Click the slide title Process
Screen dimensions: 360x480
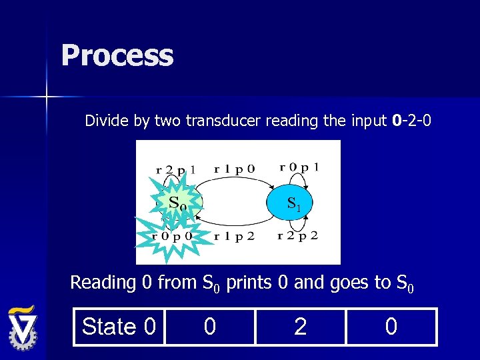tap(117, 55)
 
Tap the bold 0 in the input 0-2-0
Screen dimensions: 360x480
tap(397, 121)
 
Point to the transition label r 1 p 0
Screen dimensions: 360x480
tap(234, 169)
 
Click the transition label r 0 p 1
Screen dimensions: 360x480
tap(299, 167)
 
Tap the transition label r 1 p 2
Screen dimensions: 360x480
tap(234, 235)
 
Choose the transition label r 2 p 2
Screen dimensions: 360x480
tap(297, 235)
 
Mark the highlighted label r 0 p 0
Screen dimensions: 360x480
tap(173, 235)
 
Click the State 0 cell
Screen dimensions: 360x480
tap(119, 327)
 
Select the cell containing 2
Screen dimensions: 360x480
tap(300, 327)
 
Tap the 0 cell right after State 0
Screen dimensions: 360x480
tap(209, 327)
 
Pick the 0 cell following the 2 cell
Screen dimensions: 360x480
tap(391, 327)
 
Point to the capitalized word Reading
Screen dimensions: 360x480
tap(103, 283)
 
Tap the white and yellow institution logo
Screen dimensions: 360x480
tap(23, 329)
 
